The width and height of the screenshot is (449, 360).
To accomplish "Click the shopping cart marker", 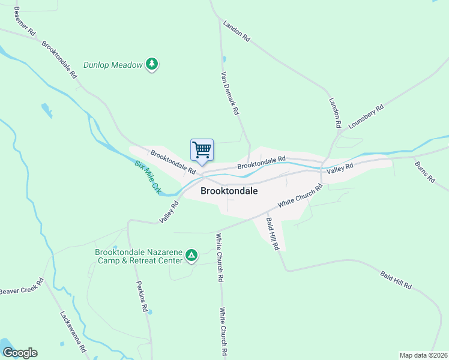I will pos(202,149).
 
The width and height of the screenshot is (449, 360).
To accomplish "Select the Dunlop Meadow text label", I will pos(113,65).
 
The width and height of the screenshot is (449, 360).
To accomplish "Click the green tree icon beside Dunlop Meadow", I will pos(152,64).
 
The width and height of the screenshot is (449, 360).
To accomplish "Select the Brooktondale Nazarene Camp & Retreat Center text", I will pos(139,256).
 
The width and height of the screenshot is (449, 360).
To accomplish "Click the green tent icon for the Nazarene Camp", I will pos(191,256).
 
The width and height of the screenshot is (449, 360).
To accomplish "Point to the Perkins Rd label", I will pos(142,296).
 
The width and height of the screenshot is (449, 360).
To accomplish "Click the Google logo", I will pos(20,353).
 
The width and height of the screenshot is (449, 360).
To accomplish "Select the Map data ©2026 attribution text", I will pos(423,355).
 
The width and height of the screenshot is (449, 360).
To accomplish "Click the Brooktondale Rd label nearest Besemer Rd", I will pos(59,59).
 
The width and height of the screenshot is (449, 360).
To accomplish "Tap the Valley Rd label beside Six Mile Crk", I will pos(170,212).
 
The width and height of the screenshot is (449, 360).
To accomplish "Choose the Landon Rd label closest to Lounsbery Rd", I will pos(334,112).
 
